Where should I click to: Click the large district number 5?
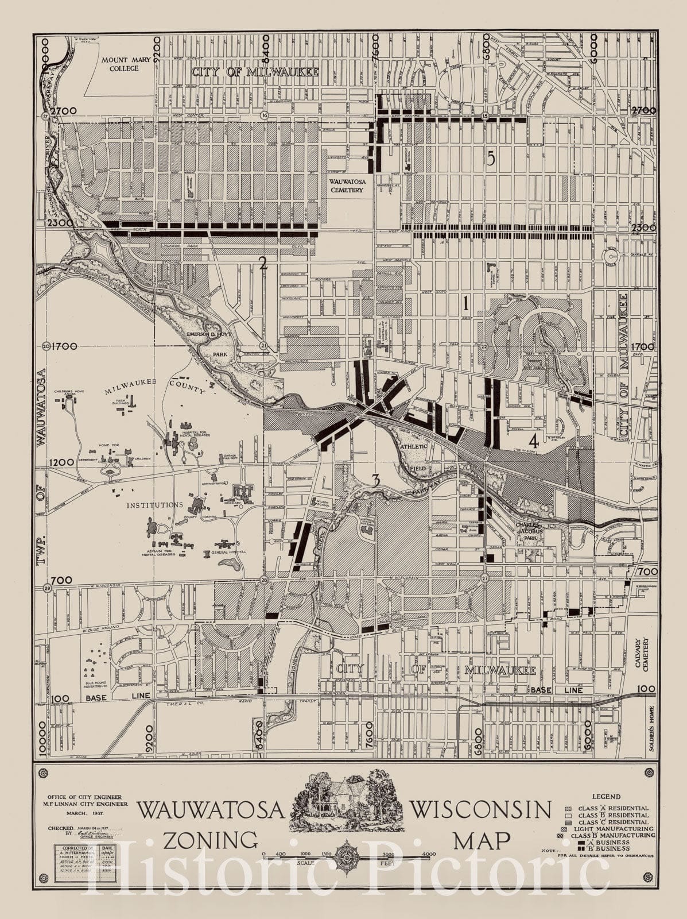point(490,160)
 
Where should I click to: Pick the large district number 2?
point(263,264)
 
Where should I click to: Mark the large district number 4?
point(534,441)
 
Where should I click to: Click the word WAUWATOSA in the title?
point(212,811)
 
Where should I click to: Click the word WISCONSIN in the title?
point(480,810)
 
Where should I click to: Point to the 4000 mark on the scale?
point(429,854)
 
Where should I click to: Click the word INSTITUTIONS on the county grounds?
point(155,505)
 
